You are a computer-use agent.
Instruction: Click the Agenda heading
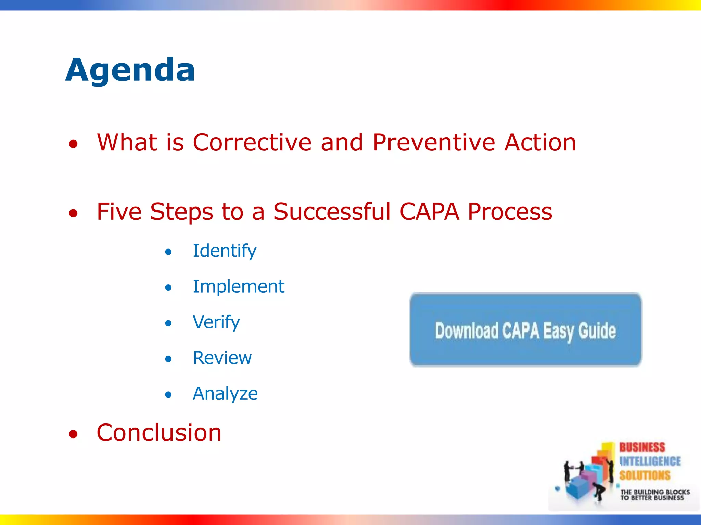(x=130, y=70)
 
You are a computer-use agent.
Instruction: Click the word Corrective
(x=252, y=142)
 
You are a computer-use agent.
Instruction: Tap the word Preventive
(x=433, y=142)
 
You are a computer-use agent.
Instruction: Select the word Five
(x=119, y=212)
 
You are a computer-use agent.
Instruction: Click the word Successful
(x=332, y=212)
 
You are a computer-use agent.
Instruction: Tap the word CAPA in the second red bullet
(x=429, y=212)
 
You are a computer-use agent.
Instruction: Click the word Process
(x=510, y=212)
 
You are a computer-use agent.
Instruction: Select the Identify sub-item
(x=224, y=251)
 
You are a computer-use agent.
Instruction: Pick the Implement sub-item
(x=239, y=286)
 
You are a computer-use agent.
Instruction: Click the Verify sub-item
(x=216, y=322)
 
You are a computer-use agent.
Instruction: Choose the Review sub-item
(x=222, y=358)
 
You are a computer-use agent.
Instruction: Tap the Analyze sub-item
(x=225, y=394)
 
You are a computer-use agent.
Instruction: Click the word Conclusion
(x=159, y=433)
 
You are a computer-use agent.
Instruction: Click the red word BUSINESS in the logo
(x=642, y=447)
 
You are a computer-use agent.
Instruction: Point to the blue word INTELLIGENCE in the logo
(x=650, y=461)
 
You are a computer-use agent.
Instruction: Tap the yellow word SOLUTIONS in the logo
(x=645, y=475)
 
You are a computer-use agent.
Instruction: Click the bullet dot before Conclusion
(x=73, y=434)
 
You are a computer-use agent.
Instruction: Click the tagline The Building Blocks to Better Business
(x=655, y=495)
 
